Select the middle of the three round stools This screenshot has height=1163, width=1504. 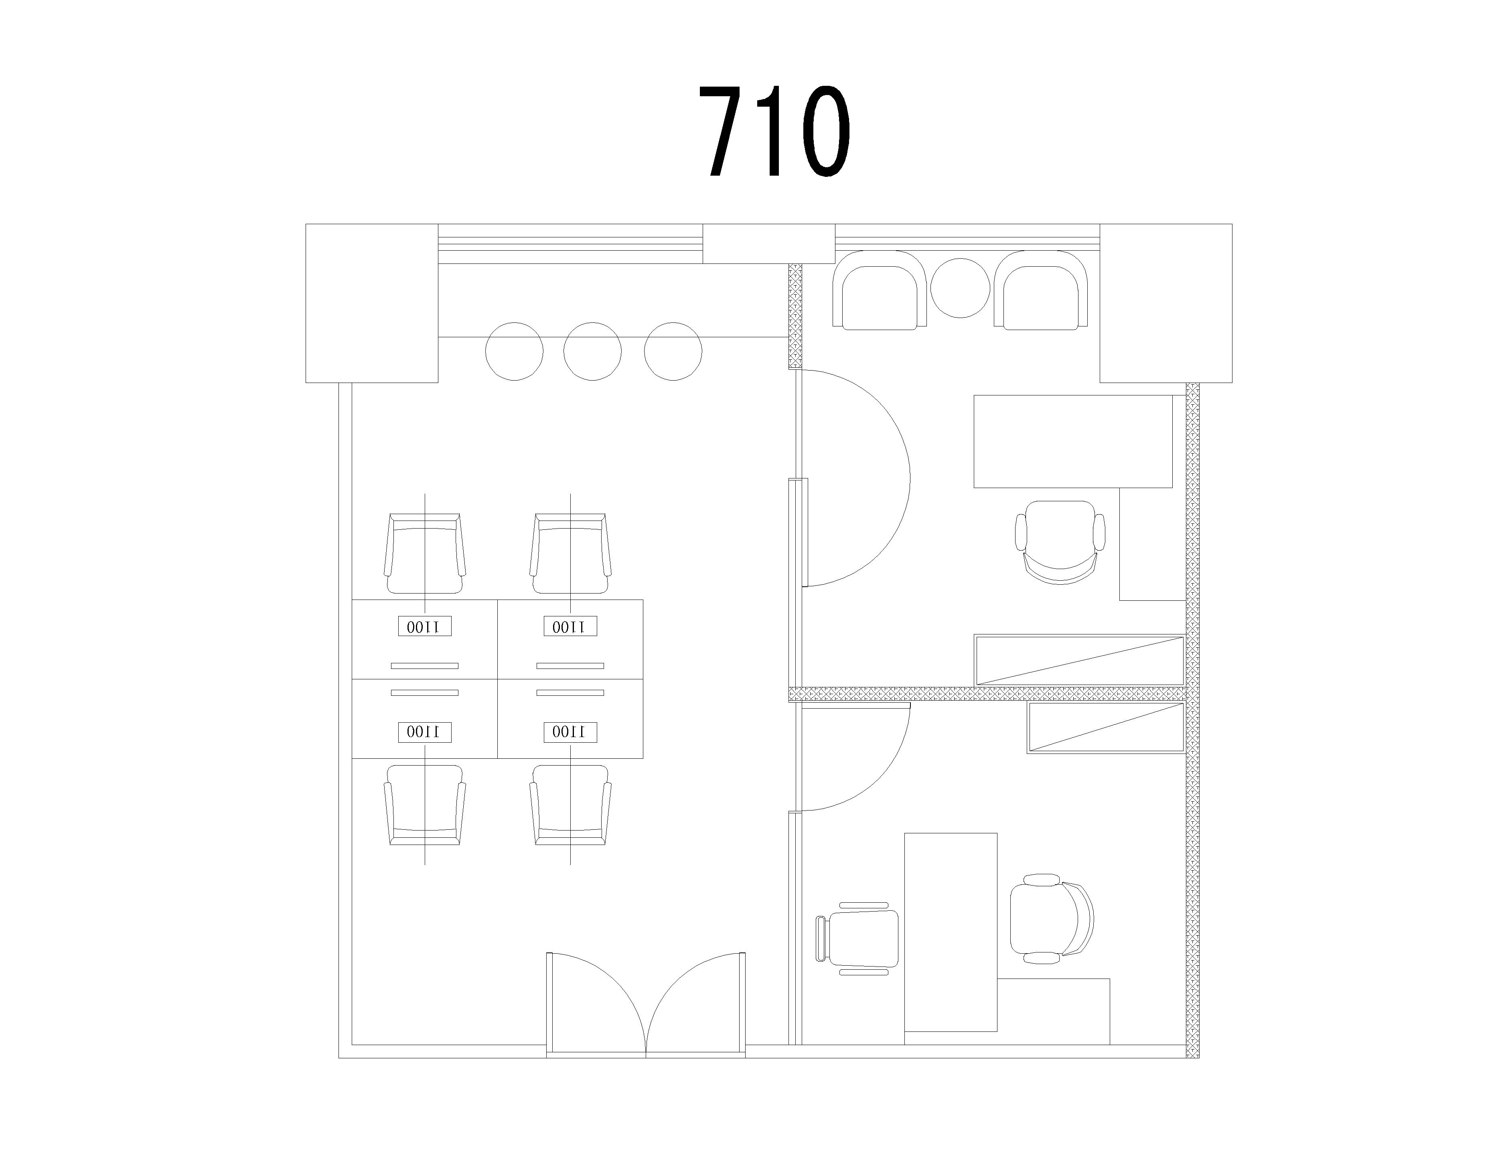pos(592,351)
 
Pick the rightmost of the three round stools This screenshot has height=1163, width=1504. pos(673,351)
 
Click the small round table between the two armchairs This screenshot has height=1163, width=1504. pos(960,288)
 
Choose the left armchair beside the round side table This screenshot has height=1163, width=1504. pos(880,289)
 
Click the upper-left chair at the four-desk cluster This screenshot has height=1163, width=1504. pos(425,553)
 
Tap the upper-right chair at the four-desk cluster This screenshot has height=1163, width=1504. pos(570,553)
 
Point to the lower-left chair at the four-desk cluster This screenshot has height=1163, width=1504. pos(425,805)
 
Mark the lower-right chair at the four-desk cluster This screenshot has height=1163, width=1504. pos(570,805)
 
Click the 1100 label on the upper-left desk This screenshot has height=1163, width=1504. pos(425,626)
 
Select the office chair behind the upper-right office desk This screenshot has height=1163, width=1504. pos(1060,543)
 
